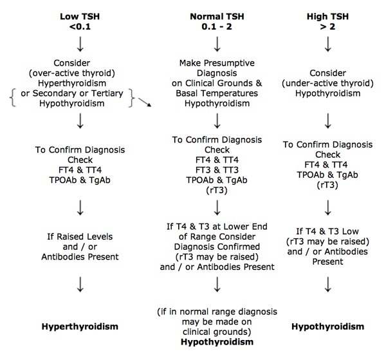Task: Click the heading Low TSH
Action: click(80, 17)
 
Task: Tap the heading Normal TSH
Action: click(217, 17)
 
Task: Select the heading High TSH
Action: click(327, 17)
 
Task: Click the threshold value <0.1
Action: click(80, 26)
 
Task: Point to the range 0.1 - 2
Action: click(217, 26)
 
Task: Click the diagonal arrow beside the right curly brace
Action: click(145, 102)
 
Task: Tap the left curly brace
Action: click(13, 98)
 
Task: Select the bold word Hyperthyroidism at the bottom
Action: click(80, 327)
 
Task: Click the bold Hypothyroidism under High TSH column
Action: click(327, 327)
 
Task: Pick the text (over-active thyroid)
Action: click(72, 73)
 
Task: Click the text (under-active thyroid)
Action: click(327, 83)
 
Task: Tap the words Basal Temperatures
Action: click(217, 93)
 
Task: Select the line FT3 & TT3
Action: click(217, 170)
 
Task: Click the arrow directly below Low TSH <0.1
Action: click(80, 44)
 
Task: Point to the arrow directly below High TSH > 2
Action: click(327, 44)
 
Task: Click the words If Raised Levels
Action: click(80, 237)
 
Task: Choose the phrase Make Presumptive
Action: click(217, 63)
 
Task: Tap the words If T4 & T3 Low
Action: click(327, 231)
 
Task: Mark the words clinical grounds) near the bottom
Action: click(217, 332)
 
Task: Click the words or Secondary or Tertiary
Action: click(72, 93)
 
